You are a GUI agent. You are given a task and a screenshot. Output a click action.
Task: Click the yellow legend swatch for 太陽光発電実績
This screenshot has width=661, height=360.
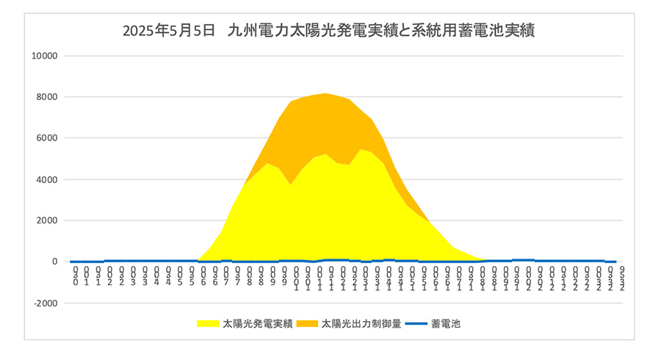point(208,323)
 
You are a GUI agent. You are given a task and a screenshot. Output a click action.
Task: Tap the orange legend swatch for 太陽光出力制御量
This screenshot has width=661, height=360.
point(307,323)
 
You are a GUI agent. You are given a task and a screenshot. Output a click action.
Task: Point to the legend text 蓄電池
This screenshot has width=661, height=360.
point(446,323)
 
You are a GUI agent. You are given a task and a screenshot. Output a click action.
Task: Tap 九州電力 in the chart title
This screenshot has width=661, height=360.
point(254,31)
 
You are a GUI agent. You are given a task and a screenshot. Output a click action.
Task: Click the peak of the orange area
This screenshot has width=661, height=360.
point(325,93)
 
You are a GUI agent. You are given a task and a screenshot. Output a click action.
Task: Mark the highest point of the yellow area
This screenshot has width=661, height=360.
point(361,149)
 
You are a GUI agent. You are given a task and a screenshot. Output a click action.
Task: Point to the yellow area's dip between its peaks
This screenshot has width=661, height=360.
point(291,184)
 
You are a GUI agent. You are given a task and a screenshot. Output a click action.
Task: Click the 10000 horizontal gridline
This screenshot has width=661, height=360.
point(345,56)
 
